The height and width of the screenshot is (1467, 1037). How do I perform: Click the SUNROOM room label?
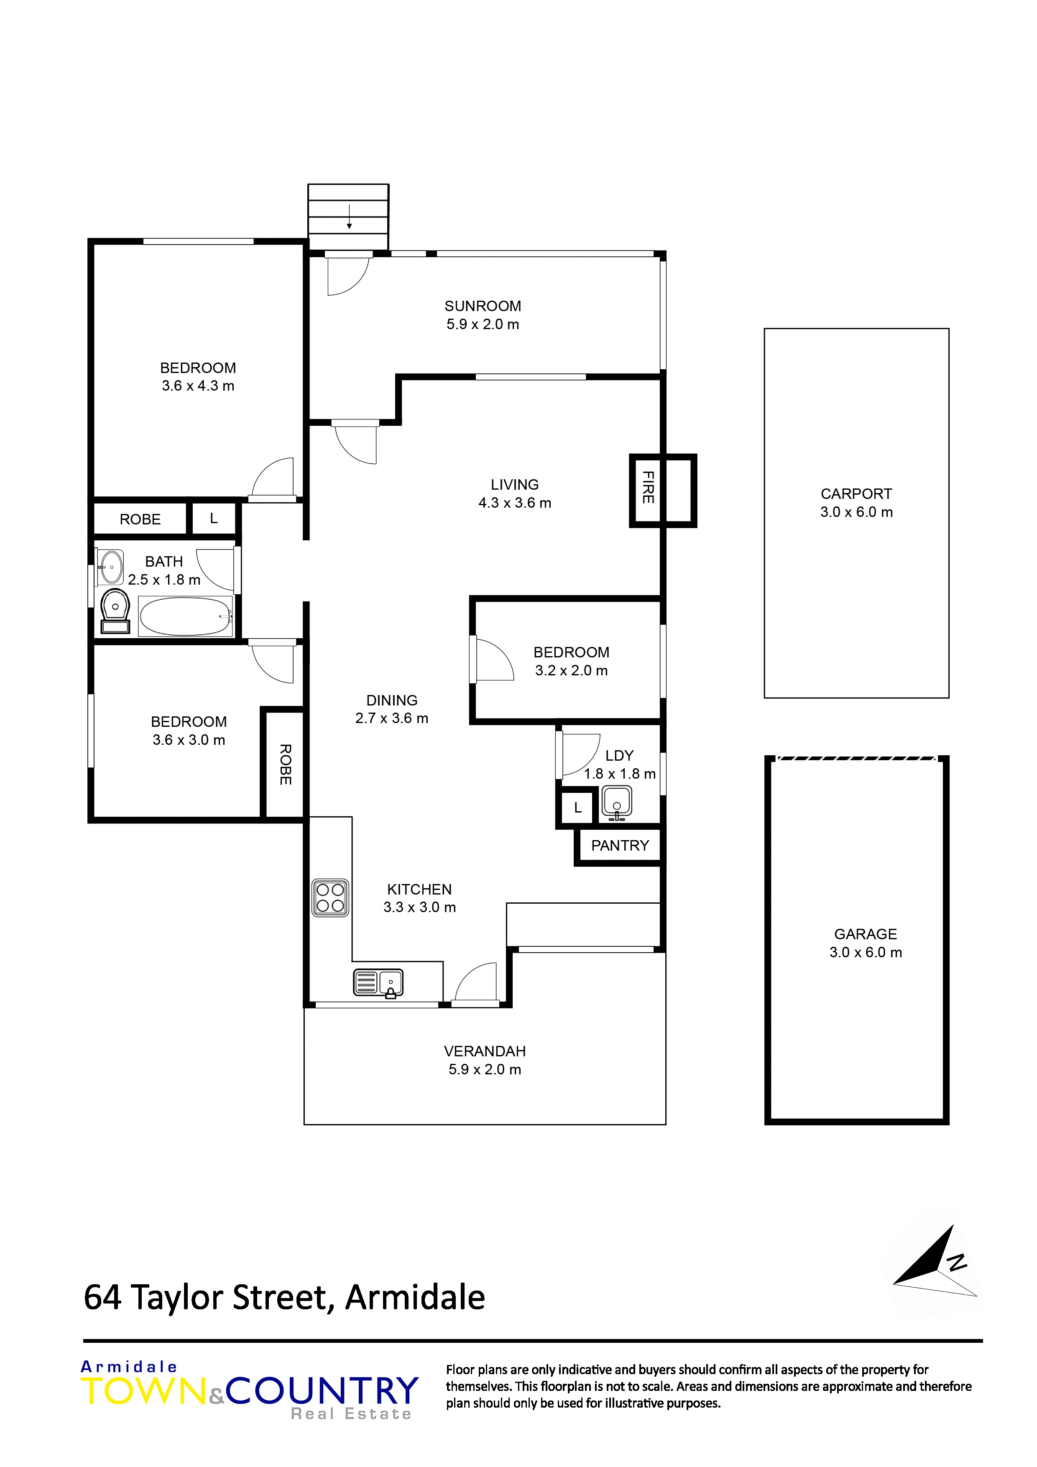(483, 306)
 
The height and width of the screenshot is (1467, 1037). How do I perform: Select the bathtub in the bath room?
(185, 616)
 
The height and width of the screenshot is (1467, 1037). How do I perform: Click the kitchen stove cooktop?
(330, 898)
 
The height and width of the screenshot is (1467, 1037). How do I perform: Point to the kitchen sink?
(378, 983)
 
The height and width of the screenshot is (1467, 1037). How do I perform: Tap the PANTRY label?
(620, 846)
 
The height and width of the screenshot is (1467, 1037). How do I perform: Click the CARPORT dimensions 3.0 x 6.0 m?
(856, 512)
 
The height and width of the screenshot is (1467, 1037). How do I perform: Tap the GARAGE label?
(865, 934)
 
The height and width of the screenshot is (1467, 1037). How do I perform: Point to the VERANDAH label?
(485, 1051)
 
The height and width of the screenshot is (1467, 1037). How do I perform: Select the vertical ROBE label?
(286, 764)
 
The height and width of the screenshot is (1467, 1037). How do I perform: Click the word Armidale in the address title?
(415, 1297)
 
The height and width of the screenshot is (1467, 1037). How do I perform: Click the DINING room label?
(392, 700)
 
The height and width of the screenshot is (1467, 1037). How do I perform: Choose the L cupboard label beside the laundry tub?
(577, 808)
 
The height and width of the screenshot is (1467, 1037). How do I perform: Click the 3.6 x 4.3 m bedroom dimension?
(198, 386)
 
